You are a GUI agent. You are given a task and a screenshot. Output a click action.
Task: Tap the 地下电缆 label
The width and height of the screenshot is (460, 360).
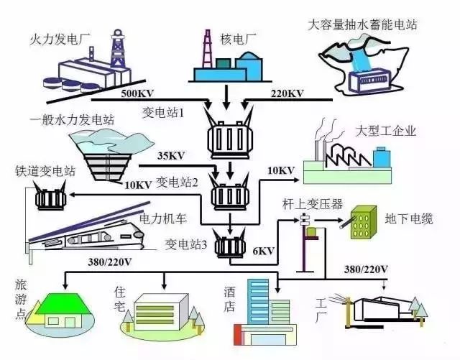tap(410, 218)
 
